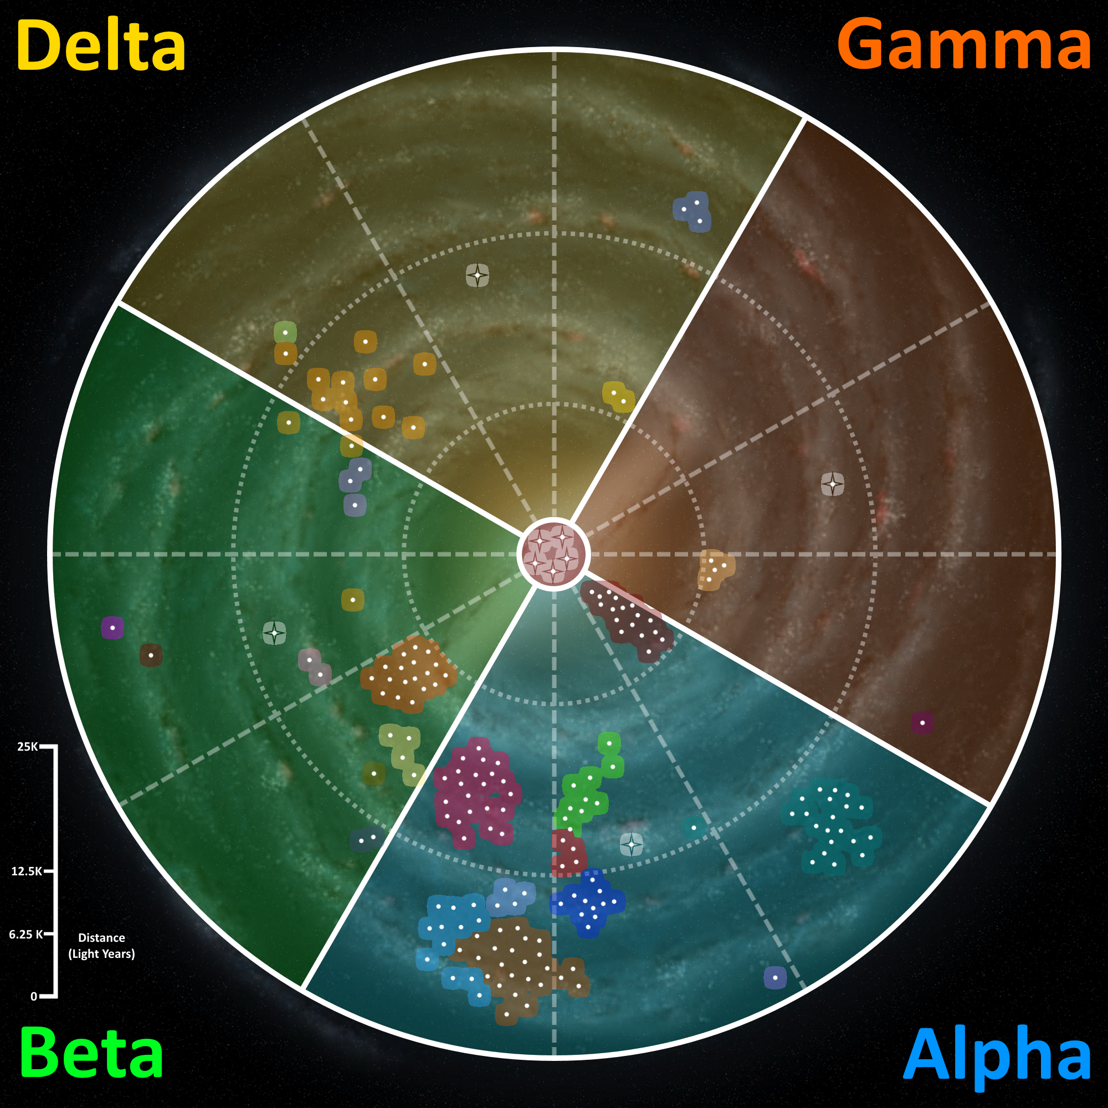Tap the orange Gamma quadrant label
(963, 45)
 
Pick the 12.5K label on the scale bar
(27, 871)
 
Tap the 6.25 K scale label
(26, 934)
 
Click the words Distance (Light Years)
(101, 946)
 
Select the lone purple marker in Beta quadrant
(112, 628)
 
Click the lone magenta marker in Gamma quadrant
(922, 722)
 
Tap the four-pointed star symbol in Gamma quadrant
(832, 484)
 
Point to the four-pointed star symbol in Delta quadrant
(477, 275)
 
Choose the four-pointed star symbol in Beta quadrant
(274, 633)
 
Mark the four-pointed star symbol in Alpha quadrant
(632, 844)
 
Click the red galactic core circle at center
(553, 555)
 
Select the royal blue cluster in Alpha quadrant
(589, 902)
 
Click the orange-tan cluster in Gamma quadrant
(715, 568)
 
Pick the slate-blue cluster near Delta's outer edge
(692, 211)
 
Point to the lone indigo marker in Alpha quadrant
(775, 977)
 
